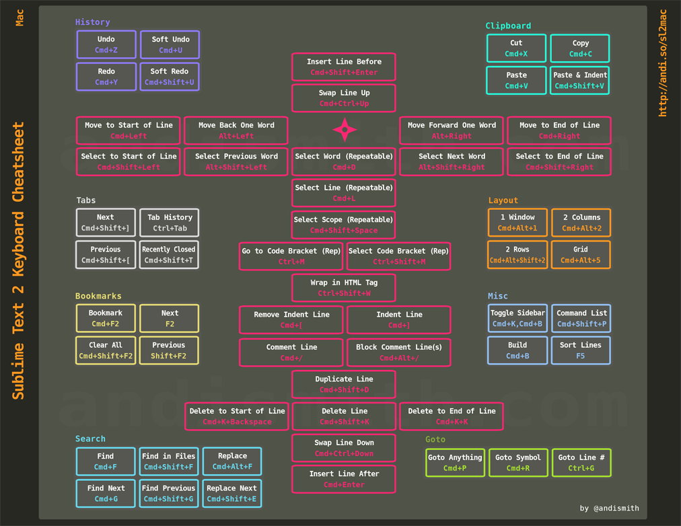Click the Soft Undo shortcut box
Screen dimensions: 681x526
(x=170, y=44)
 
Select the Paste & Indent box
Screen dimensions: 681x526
(x=580, y=80)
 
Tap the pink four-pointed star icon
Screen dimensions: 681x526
(x=345, y=129)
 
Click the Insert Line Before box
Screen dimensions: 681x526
(x=344, y=67)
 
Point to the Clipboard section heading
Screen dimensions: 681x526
(x=508, y=26)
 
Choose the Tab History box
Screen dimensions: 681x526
(x=170, y=223)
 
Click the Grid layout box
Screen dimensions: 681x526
(x=581, y=255)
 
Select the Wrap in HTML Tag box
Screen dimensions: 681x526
(x=344, y=288)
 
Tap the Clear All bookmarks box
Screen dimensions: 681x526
(x=106, y=350)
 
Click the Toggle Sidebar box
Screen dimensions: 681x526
(x=517, y=318)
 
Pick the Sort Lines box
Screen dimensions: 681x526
(x=581, y=350)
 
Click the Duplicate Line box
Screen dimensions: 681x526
(x=344, y=384)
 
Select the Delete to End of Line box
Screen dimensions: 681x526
(x=452, y=416)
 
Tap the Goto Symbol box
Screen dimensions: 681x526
(x=517, y=463)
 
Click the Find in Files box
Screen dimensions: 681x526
(x=168, y=461)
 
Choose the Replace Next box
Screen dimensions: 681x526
(x=232, y=494)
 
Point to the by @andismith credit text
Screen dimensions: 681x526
(x=610, y=508)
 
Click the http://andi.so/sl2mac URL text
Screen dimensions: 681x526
(x=663, y=63)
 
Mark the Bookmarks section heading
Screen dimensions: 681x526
(x=98, y=295)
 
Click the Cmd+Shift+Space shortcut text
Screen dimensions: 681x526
(x=344, y=231)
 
